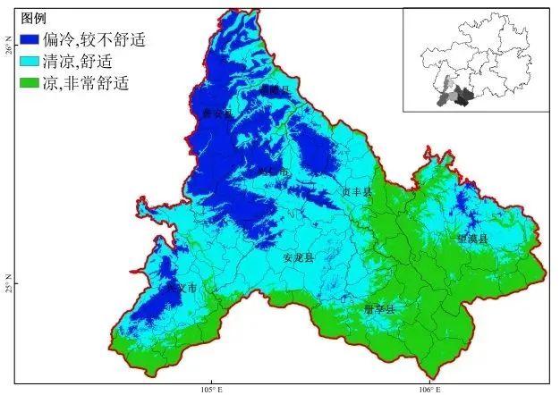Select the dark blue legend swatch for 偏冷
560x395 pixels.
tap(32, 39)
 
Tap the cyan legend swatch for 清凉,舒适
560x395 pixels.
tap(32, 62)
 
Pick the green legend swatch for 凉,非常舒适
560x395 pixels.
tap(32, 84)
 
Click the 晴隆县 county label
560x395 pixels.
tap(275, 90)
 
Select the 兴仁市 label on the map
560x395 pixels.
tap(272, 171)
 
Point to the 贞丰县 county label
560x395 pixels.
tap(355, 191)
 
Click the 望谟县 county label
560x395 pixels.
tap(471, 240)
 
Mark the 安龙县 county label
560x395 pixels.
tap(298, 257)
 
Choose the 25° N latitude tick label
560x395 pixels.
tap(6, 284)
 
